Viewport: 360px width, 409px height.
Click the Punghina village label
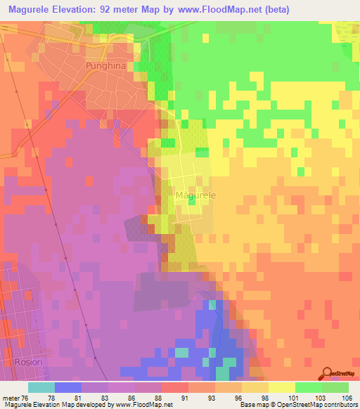(x=105, y=66)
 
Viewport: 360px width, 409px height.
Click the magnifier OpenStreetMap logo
(x=328, y=373)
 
